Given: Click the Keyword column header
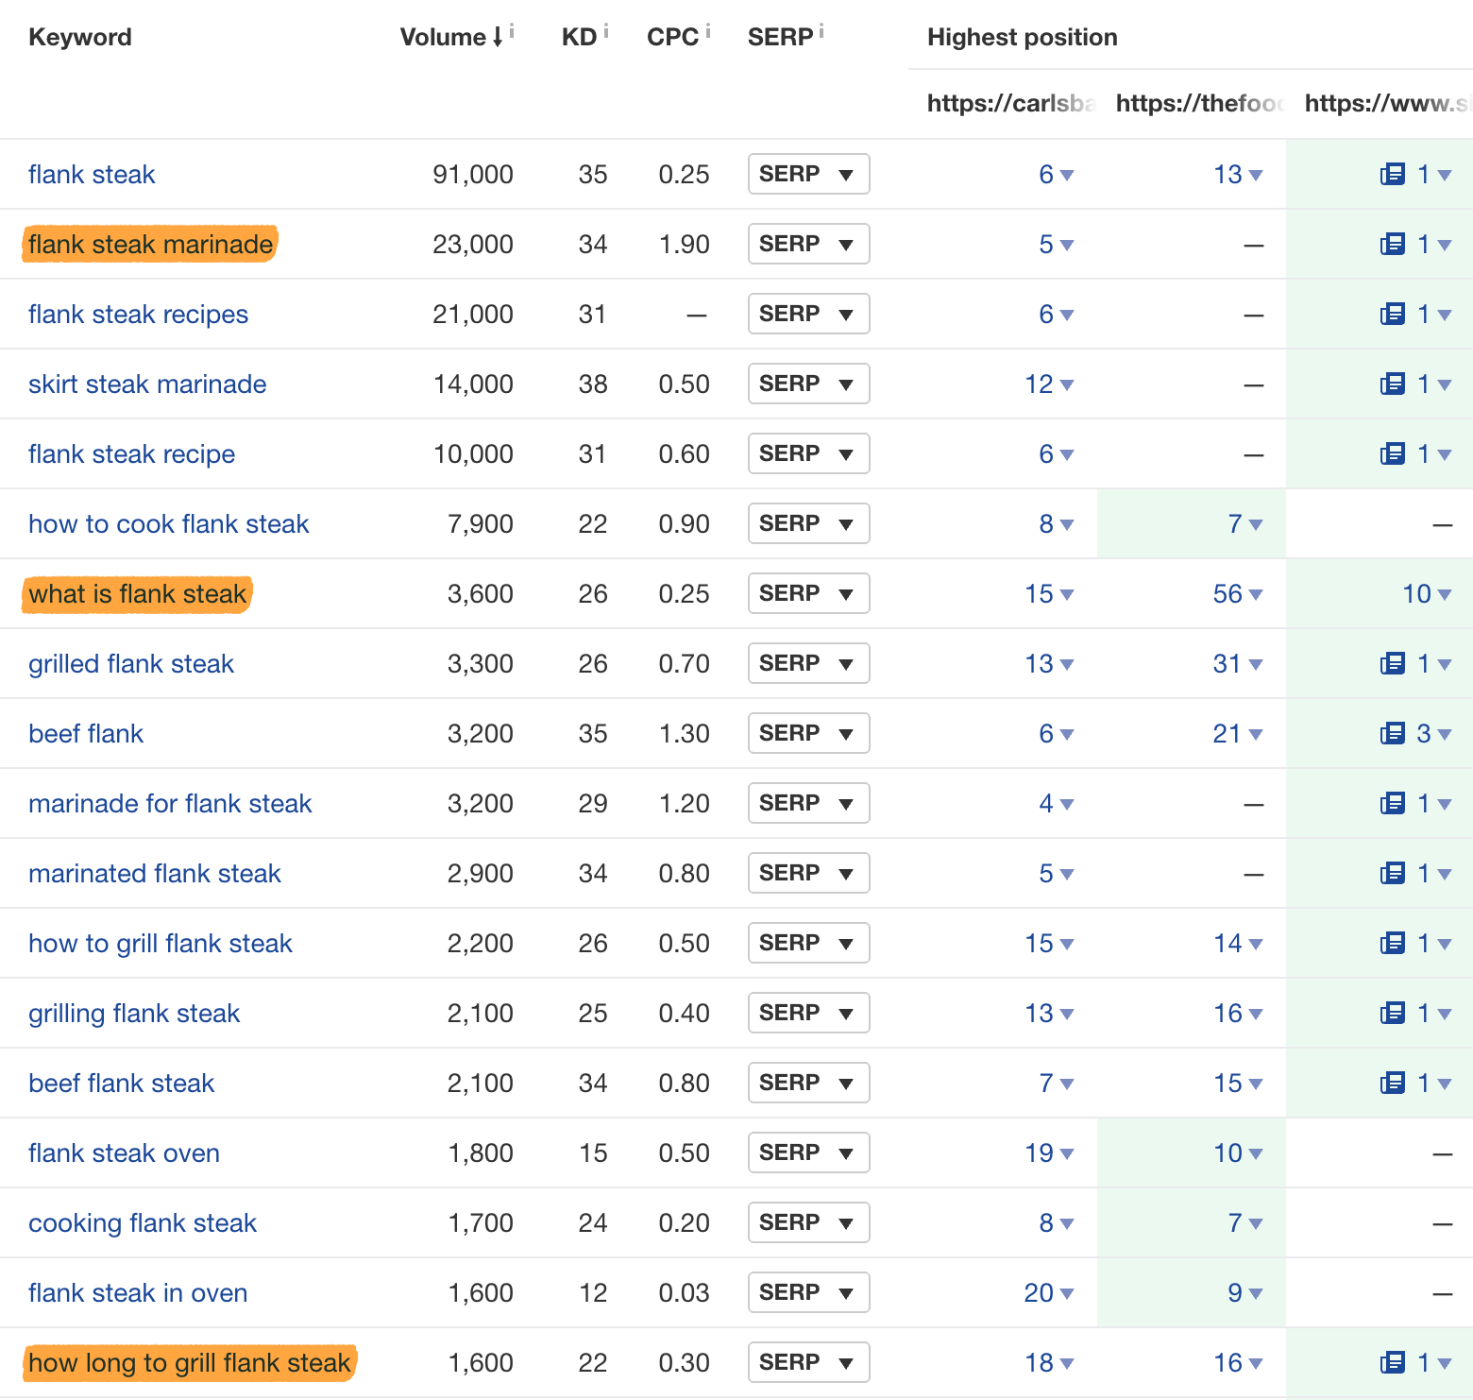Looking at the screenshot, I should tap(80, 38).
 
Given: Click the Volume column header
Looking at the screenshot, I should tap(443, 38).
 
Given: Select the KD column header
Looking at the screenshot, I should tap(578, 38).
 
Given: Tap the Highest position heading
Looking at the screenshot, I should tap(1022, 38).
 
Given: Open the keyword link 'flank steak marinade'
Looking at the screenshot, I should tap(150, 245).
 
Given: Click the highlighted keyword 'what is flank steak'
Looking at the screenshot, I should tap(138, 594).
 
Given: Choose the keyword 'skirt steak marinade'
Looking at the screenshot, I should tap(147, 384).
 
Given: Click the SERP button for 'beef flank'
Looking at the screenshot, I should tap(808, 734).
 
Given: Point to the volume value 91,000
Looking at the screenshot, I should tap(472, 175).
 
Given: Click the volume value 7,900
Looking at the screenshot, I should tap(480, 524).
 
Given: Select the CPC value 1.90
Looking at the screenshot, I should tap(684, 245).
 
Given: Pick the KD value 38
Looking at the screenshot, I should tap(592, 384).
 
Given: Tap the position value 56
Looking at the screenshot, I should tap(1227, 594).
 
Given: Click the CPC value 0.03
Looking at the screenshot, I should tap(684, 1293).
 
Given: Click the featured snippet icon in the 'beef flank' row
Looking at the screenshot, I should tap(1393, 734).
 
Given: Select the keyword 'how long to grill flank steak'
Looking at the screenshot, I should tap(190, 1363).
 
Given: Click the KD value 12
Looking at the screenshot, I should tap(592, 1293).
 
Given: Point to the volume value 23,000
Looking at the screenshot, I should tap(472, 245).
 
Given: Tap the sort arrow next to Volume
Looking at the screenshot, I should tap(498, 38).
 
